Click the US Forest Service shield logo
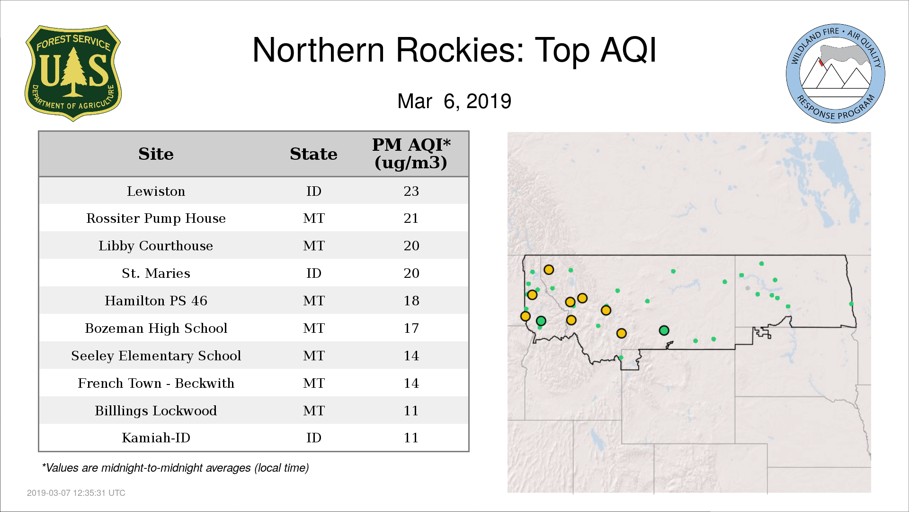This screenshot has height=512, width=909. tap(73, 73)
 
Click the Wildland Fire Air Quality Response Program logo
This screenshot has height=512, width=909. tap(836, 73)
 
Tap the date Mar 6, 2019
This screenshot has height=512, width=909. tap(454, 101)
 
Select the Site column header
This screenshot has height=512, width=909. tap(156, 154)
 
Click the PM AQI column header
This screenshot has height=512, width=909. tap(411, 154)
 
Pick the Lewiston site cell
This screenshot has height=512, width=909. tap(156, 191)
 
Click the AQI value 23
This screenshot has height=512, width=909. tap(411, 191)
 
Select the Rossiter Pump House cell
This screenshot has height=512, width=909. tap(156, 219)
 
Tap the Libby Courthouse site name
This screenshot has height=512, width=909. tap(156, 246)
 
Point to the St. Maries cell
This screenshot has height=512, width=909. tap(156, 273)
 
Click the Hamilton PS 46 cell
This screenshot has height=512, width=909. tap(156, 301)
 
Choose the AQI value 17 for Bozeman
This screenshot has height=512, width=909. tap(411, 328)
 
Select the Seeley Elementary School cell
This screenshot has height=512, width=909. tap(156, 356)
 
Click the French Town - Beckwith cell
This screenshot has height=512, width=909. tap(156, 383)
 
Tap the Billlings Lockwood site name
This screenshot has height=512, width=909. tap(156, 411)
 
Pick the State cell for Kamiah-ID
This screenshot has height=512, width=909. tap(314, 438)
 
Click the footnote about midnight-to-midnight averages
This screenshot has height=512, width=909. tap(175, 468)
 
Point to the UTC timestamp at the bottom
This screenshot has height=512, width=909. tap(76, 493)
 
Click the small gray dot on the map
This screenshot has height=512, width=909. tap(748, 288)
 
